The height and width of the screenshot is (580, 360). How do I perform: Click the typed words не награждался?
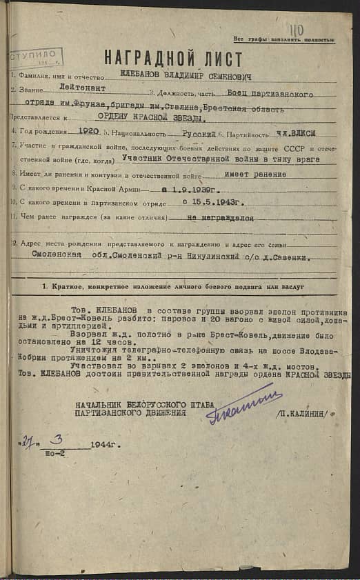pos(220,217)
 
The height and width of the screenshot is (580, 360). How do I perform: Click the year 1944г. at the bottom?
pos(103,445)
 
